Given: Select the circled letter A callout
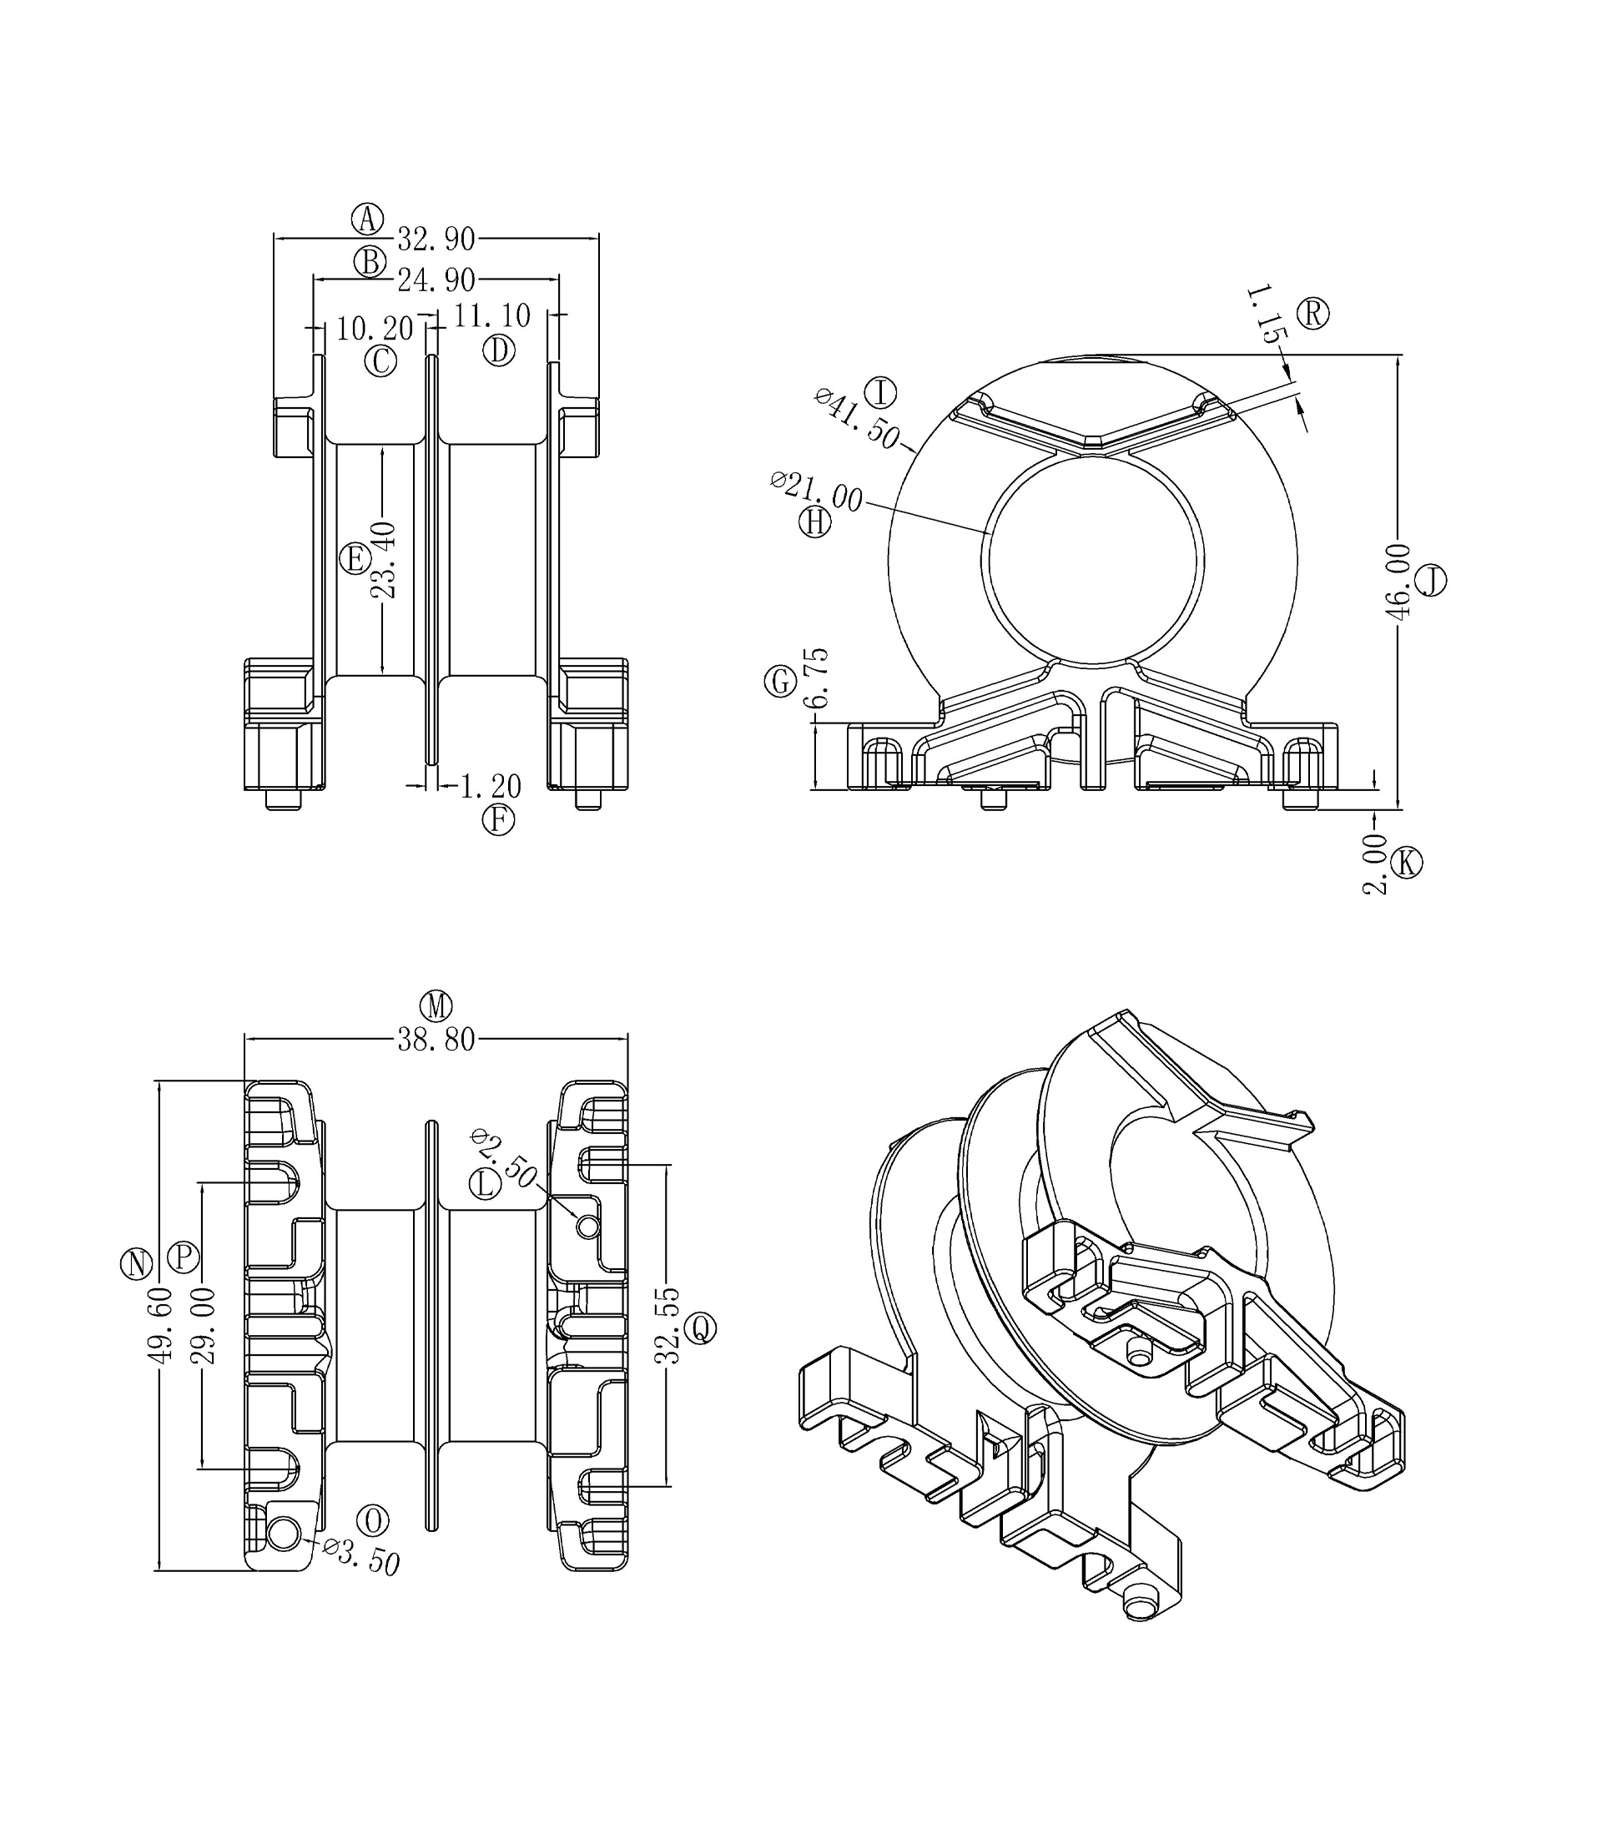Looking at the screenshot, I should (x=367, y=218).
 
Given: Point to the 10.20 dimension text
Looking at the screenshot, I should (x=375, y=329).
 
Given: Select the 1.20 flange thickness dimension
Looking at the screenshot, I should (x=490, y=787).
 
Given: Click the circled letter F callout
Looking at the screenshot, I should (x=498, y=819).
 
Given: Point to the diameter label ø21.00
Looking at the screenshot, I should (x=816, y=491).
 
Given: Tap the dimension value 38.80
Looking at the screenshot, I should (x=436, y=1040).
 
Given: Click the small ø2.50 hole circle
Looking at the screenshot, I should (x=587, y=1227).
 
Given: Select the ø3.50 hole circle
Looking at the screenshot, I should (x=284, y=1534).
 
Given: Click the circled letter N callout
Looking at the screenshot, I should (x=137, y=1264).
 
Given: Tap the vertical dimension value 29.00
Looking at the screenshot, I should (x=204, y=1326).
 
